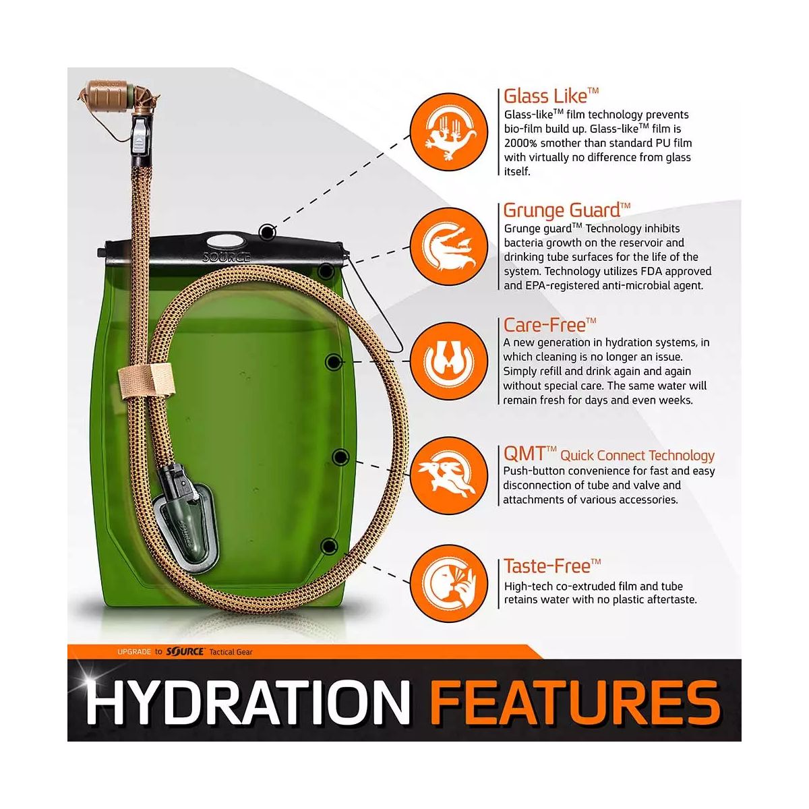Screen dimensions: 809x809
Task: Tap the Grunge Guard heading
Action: coord(566,210)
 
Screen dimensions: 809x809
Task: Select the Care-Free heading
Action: coord(549,325)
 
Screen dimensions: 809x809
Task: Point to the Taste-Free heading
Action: coord(552,566)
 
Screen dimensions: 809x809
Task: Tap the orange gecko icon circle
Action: coord(449,131)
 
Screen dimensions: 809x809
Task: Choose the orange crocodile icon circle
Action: coord(449,247)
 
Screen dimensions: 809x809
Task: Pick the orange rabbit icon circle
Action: coord(449,476)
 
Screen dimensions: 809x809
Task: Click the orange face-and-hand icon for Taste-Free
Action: coord(449,584)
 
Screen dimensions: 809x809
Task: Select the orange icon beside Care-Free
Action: coord(449,361)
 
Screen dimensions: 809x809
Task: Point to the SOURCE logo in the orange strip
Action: coord(185,652)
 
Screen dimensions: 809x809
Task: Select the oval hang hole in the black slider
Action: coord(225,242)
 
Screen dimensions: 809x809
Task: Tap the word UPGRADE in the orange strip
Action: coord(134,652)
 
